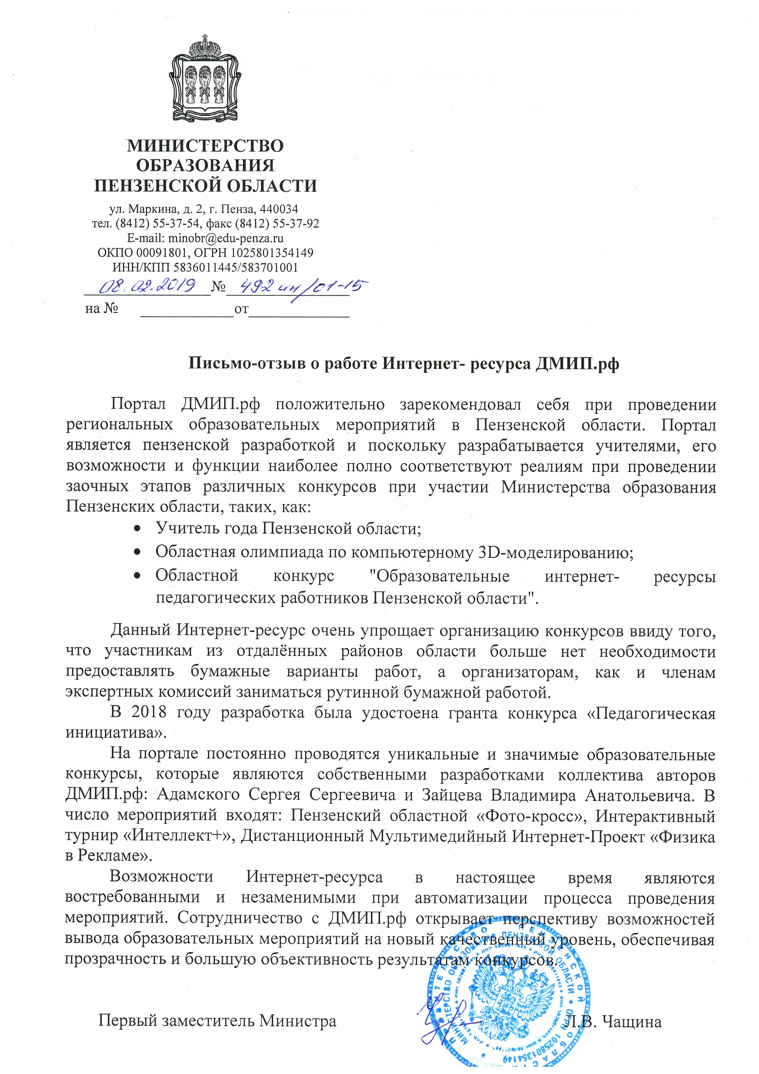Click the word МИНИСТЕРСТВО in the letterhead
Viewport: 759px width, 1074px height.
[x=205, y=146]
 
